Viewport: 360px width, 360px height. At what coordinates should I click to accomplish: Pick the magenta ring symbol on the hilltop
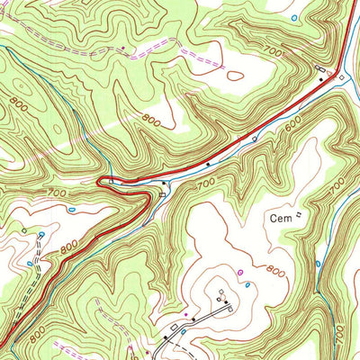tap(239, 271)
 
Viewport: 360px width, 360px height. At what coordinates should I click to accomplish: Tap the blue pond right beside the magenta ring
tap(248, 283)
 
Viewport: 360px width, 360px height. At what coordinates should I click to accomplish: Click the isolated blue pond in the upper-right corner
tap(296, 17)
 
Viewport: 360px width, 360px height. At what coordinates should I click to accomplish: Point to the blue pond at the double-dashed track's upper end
tap(41, 232)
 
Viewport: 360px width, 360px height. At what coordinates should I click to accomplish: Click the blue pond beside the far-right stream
tap(317, 264)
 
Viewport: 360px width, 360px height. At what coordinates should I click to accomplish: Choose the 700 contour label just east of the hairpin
tap(205, 183)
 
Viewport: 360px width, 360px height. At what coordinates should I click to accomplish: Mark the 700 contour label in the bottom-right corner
tap(340, 332)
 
